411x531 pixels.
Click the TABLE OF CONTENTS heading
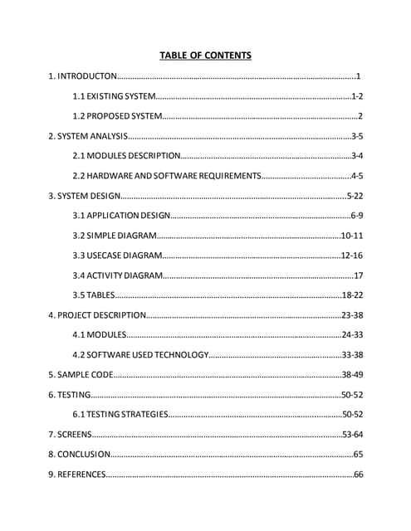click(x=205, y=56)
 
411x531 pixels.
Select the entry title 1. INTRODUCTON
click(x=83, y=77)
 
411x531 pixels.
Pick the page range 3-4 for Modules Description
click(x=357, y=155)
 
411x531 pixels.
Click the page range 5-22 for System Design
click(x=355, y=196)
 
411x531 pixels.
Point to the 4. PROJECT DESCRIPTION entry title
click(x=97, y=314)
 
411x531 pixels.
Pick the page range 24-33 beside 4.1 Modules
click(x=352, y=334)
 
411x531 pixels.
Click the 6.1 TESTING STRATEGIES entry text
click(x=121, y=413)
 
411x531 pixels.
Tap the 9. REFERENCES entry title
click(x=77, y=474)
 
